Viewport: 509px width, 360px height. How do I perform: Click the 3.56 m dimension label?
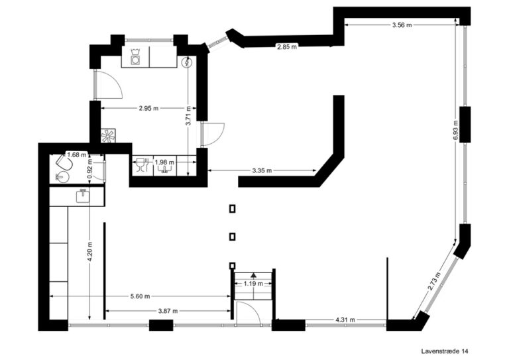[x=401, y=25]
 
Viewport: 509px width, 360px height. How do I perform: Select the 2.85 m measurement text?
[x=286, y=46]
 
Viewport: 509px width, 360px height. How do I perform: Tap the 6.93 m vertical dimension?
[x=456, y=130]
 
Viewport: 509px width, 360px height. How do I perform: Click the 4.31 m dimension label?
[x=344, y=320]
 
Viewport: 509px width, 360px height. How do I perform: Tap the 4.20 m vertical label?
[x=89, y=252]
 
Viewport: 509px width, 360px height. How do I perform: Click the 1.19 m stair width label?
[x=253, y=284]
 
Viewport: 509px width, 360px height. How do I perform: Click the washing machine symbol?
[x=136, y=57]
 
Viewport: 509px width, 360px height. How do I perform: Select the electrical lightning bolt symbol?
[x=187, y=63]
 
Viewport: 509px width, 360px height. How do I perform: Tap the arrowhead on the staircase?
[x=253, y=274]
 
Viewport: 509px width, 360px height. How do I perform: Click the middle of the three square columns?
[x=232, y=237]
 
